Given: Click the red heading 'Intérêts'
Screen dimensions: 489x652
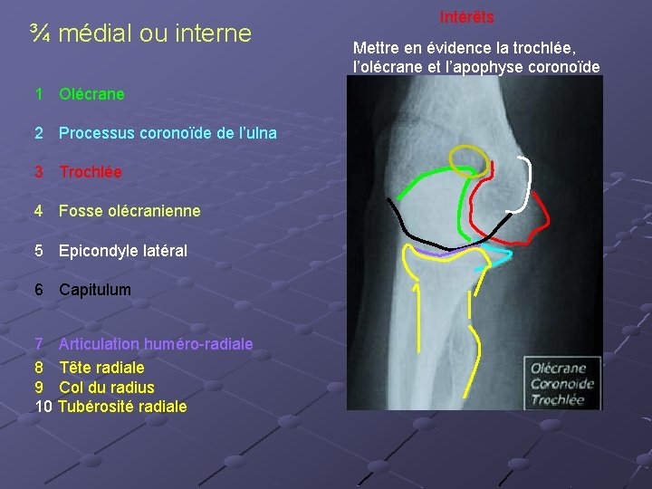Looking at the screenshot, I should tap(466, 17).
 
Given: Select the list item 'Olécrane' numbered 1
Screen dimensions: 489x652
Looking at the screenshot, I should tap(91, 94).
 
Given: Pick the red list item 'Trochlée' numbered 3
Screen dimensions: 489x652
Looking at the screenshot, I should tap(90, 172).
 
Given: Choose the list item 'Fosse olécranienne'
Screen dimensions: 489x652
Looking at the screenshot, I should tap(129, 211).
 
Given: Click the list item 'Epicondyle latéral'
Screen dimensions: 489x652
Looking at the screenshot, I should tap(122, 251).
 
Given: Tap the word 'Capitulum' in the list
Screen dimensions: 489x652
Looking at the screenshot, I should tap(95, 290).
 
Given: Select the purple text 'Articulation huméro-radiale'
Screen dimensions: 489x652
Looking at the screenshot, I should tap(156, 344).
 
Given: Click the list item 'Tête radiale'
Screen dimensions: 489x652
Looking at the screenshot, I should tap(101, 368).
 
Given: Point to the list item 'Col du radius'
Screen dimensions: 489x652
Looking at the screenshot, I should tap(106, 388).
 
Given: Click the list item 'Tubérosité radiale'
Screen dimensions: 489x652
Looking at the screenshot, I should tap(122, 407).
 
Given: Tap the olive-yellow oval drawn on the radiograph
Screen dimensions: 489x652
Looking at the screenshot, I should tap(471, 155).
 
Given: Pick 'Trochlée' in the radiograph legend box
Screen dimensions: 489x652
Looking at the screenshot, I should tap(557, 399).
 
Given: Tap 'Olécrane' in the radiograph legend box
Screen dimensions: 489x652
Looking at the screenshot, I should tap(558, 369).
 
